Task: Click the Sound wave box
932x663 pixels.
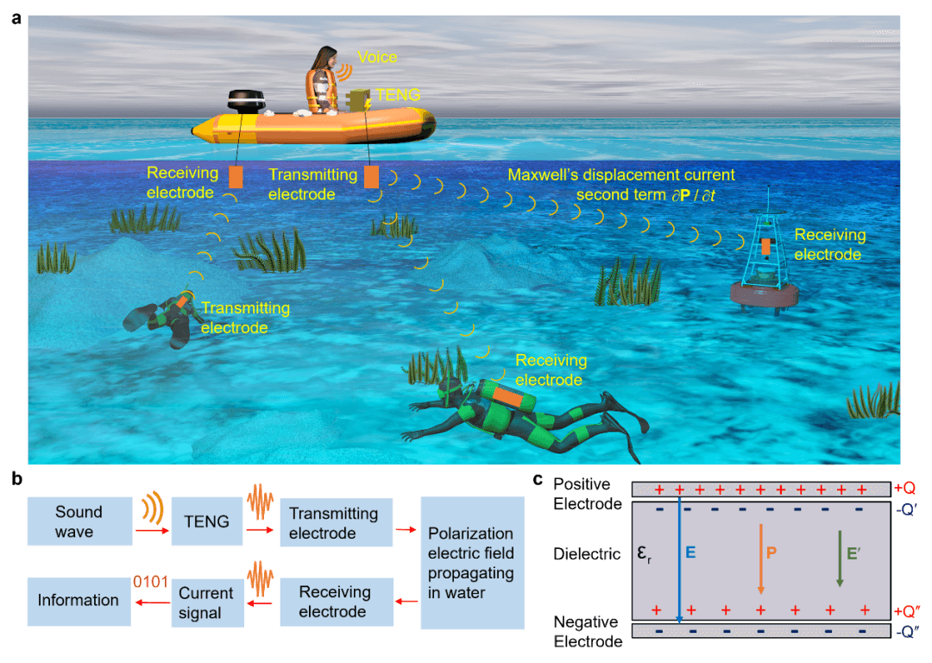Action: click(79, 522)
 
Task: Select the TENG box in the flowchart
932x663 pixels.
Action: click(207, 521)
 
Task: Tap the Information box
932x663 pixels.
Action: click(79, 600)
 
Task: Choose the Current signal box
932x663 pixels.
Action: click(205, 603)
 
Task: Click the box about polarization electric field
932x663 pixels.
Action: click(471, 563)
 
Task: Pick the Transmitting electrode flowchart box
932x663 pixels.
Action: click(333, 523)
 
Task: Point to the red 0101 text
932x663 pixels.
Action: click(148, 579)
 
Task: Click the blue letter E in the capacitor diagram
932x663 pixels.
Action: click(690, 552)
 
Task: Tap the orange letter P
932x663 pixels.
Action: click(771, 552)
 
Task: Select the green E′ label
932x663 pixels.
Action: click(853, 552)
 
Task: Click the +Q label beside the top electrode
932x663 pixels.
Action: click(904, 489)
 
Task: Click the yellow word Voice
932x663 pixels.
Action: click(377, 57)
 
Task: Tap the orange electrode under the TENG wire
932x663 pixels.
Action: click(371, 177)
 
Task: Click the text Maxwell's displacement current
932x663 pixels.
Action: click(621, 174)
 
